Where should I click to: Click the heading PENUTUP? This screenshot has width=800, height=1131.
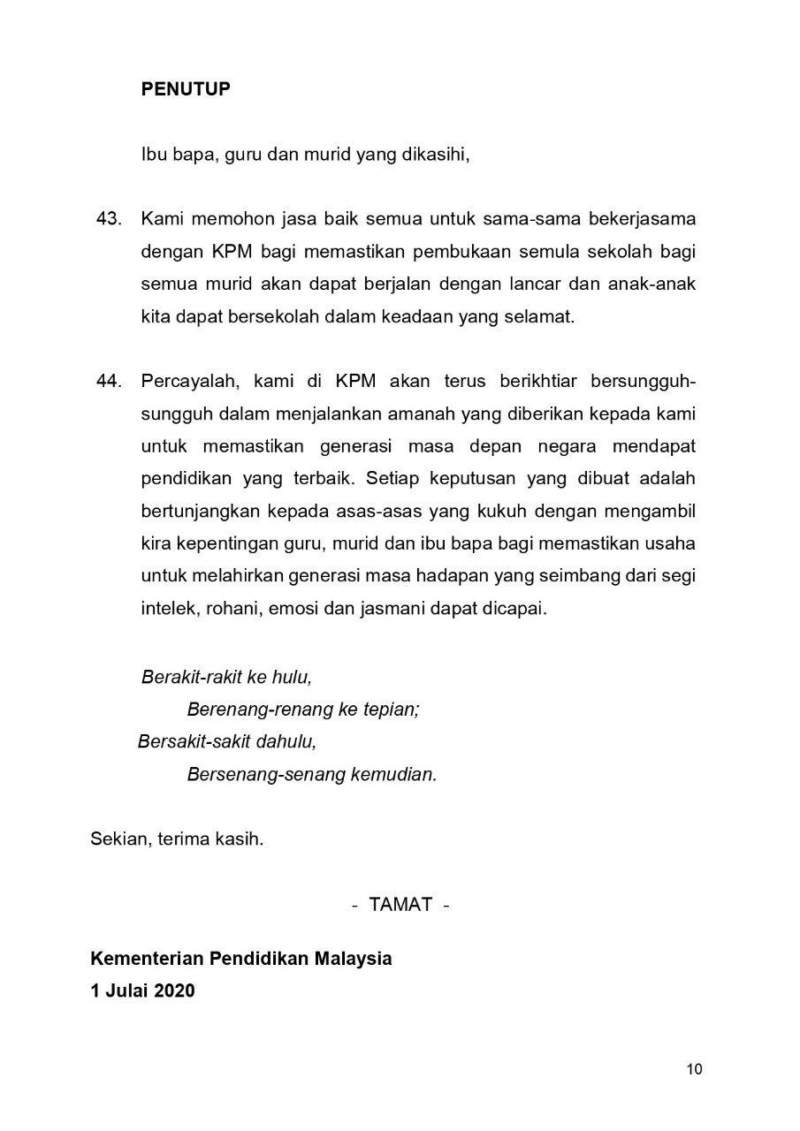point(186,89)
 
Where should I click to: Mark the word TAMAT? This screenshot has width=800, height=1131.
point(401,904)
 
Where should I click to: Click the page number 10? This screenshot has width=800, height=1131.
point(694,1070)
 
